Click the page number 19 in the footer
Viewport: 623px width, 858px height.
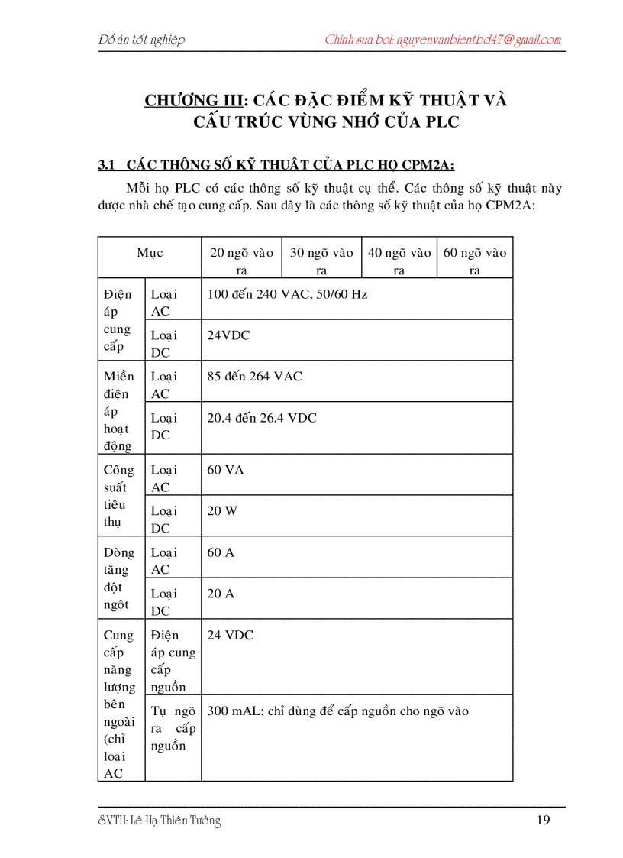[543, 821]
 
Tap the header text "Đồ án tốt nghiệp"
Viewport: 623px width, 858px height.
[142, 40]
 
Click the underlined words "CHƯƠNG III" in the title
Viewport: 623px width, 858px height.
[193, 100]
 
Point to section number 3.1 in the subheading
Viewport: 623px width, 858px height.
[106, 164]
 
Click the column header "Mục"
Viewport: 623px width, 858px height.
[150, 253]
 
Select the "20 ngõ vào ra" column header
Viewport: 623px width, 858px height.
[241, 261]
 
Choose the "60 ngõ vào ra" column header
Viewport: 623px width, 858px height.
[474, 261]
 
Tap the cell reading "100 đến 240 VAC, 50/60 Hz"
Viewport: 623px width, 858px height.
[287, 294]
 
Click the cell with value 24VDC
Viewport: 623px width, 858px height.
[228, 335]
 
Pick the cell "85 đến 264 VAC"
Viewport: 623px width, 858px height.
[254, 377]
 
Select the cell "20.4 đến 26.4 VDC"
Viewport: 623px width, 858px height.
[262, 418]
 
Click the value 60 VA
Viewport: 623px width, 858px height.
[225, 470]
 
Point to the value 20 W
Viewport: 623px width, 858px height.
[222, 511]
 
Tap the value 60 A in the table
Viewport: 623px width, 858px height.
[221, 552]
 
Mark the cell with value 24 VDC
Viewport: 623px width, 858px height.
[230, 635]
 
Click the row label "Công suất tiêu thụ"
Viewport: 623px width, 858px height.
[118, 496]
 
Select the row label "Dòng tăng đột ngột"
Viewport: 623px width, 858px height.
[118, 578]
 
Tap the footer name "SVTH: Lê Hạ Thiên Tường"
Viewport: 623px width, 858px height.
[160, 821]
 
